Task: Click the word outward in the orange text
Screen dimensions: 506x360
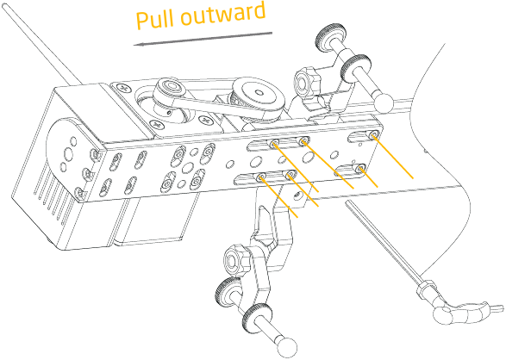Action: (222, 15)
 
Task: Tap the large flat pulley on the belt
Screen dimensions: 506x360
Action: (259, 96)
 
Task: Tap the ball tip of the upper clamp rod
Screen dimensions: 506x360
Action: (384, 102)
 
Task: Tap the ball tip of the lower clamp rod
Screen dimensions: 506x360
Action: (287, 346)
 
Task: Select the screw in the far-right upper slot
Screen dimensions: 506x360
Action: (374, 134)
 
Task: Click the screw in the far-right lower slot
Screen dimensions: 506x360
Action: (360, 168)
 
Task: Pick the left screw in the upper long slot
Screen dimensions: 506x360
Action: (275, 144)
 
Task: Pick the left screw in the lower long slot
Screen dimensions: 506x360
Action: (261, 177)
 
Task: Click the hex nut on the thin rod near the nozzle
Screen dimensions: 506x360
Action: (425, 286)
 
